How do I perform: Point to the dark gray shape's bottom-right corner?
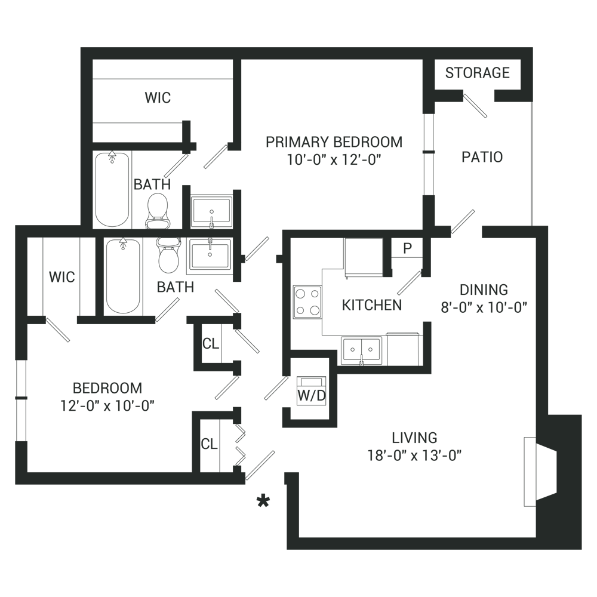point(581,549)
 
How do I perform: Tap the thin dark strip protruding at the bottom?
point(406,546)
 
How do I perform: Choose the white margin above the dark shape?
point(298,24)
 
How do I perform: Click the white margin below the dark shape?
point(298,573)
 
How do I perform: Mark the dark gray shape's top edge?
point(298,48)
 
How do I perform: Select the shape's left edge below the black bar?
point(16,358)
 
